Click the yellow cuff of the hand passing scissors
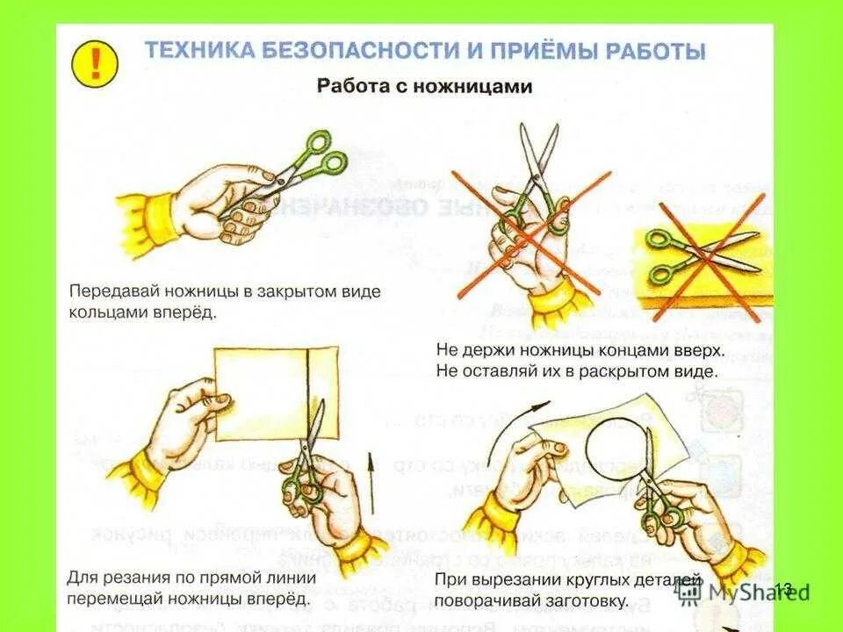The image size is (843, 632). [x=146, y=219]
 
